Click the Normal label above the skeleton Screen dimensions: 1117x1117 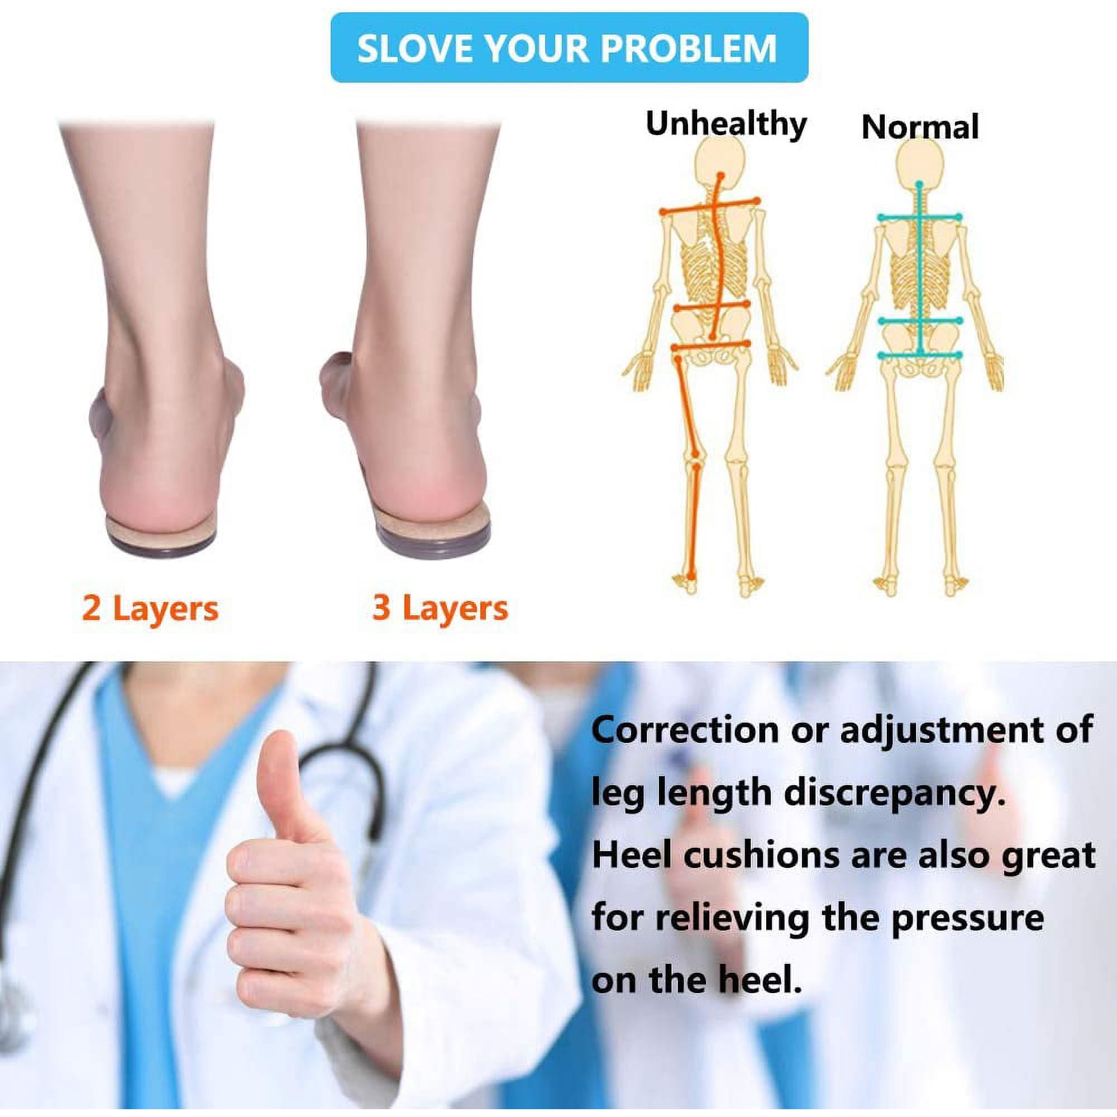(920, 127)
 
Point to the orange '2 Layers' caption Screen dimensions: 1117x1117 (150, 608)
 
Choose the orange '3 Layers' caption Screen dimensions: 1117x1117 (441, 608)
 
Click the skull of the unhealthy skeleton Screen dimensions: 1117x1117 (720, 165)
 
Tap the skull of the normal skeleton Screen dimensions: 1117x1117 (919, 165)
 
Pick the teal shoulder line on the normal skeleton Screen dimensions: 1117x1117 (919, 217)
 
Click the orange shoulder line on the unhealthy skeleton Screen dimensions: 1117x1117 (709, 207)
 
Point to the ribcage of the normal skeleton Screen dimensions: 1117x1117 (920, 272)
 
